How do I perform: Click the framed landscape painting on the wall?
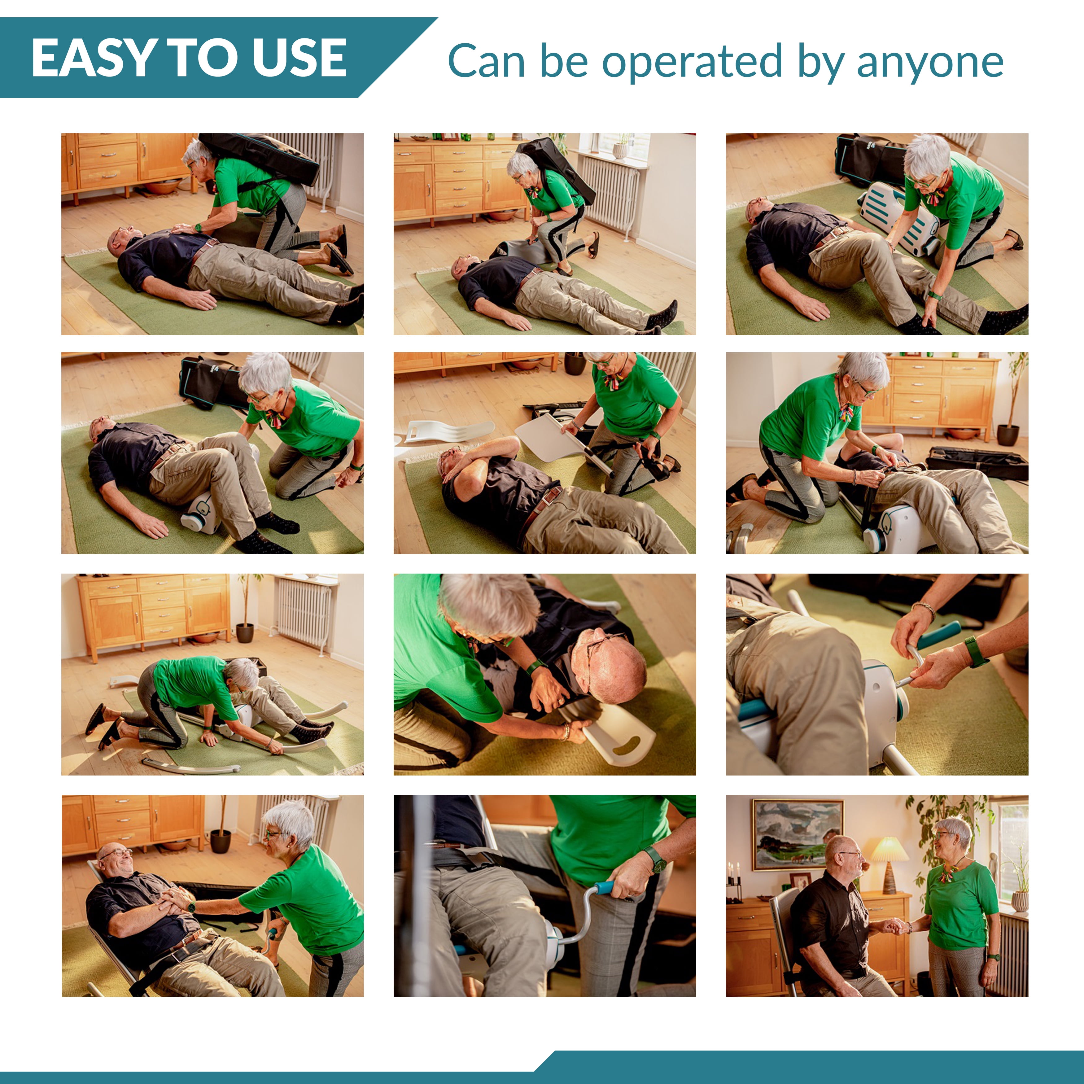coord(797,835)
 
